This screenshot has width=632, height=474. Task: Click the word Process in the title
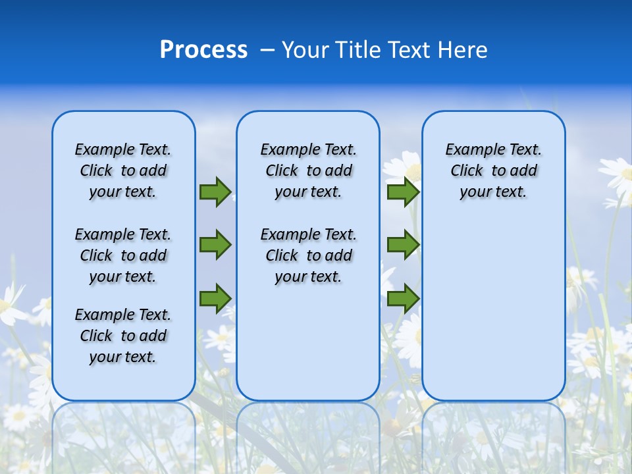tap(203, 49)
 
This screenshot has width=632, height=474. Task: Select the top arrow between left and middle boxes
tap(215, 192)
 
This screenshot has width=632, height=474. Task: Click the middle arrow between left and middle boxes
tap(215, 245)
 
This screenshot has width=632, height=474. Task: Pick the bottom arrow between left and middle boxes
tap(215, 299)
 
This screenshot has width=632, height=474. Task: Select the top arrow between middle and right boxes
tap(403, 192)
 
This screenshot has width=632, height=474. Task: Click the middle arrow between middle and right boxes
tap(403, 245)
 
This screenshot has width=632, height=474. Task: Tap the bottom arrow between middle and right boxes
tap(403, 299)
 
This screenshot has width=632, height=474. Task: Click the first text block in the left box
tap(123, 171)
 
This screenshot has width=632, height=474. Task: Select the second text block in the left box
tap(123, 255)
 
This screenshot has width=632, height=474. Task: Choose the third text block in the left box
tap(123, 336)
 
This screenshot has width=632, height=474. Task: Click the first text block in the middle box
tap(308, 171)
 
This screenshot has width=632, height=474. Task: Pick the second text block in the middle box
tap(308, 255)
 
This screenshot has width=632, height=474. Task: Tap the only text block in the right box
tap(494, 171)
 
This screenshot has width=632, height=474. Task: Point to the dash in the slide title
tap(267, 50)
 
